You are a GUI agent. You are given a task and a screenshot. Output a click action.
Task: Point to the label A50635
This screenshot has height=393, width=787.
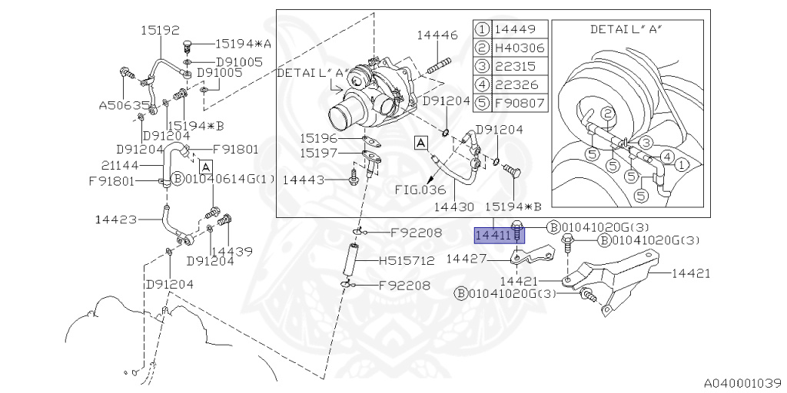coord(123,105)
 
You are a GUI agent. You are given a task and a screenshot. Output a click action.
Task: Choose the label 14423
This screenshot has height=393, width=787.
coord(117,220)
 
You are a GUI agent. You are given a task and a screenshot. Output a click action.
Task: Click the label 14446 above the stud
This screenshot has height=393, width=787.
coord(437,35)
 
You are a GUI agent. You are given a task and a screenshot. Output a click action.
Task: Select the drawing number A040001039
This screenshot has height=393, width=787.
coord(742,381)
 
